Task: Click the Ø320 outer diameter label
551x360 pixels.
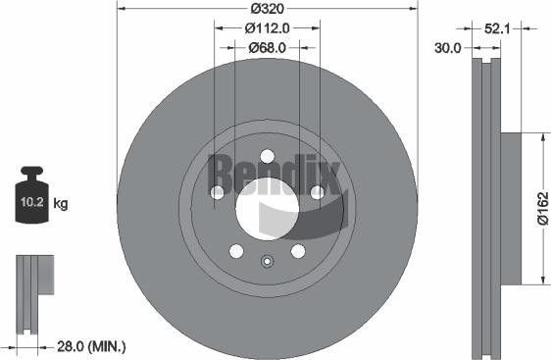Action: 267,9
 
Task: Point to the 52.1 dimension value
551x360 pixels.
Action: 497,28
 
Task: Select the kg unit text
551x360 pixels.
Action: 61,204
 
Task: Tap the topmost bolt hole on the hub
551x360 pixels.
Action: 267,156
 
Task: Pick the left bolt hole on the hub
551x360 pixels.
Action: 217,192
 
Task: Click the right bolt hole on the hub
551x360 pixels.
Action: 317,192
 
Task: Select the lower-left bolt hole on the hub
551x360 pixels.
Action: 235,251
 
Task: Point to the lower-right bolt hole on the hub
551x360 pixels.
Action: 298,251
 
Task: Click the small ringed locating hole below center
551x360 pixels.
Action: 267,261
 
